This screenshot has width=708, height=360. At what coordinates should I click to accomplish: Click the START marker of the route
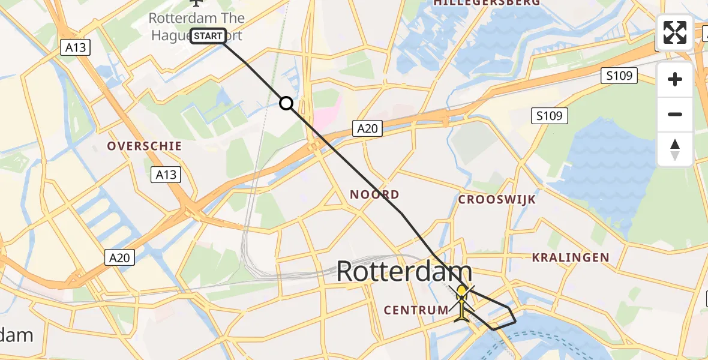(x=208, y=36)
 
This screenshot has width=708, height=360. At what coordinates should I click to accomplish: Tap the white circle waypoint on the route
(x=287, y=104)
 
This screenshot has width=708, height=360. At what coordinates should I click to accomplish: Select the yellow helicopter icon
(x=461, y=302)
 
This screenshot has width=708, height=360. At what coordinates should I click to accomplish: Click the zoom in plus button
(x=675, y=79)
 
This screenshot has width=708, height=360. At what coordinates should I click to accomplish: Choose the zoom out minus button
(x=675, y=114)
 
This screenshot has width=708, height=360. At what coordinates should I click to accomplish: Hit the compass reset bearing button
(x=675, y=149)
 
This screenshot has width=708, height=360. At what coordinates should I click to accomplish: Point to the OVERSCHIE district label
(x=144, y=146)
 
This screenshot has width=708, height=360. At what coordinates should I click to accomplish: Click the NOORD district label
(x=375, y=194)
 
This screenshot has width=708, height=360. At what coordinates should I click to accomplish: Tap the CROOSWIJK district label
(x=497, y=200)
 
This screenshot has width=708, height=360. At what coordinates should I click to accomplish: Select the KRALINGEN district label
(x=571, y=257)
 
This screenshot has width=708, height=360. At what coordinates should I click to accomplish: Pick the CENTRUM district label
(x=416, y=310)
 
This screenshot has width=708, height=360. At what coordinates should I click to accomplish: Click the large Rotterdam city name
(x=404, y=271)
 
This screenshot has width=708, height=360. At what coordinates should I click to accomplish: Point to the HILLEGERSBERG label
(x=487, y=3)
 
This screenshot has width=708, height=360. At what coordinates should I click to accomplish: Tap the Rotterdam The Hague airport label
(x=196, y=26)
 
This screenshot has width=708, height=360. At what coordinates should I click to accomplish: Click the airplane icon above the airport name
(x=196, y=2)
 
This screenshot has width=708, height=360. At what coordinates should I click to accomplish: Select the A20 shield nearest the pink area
(x=367, y=128)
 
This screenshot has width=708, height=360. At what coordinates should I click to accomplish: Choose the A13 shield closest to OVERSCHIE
(x=166, y=174)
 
